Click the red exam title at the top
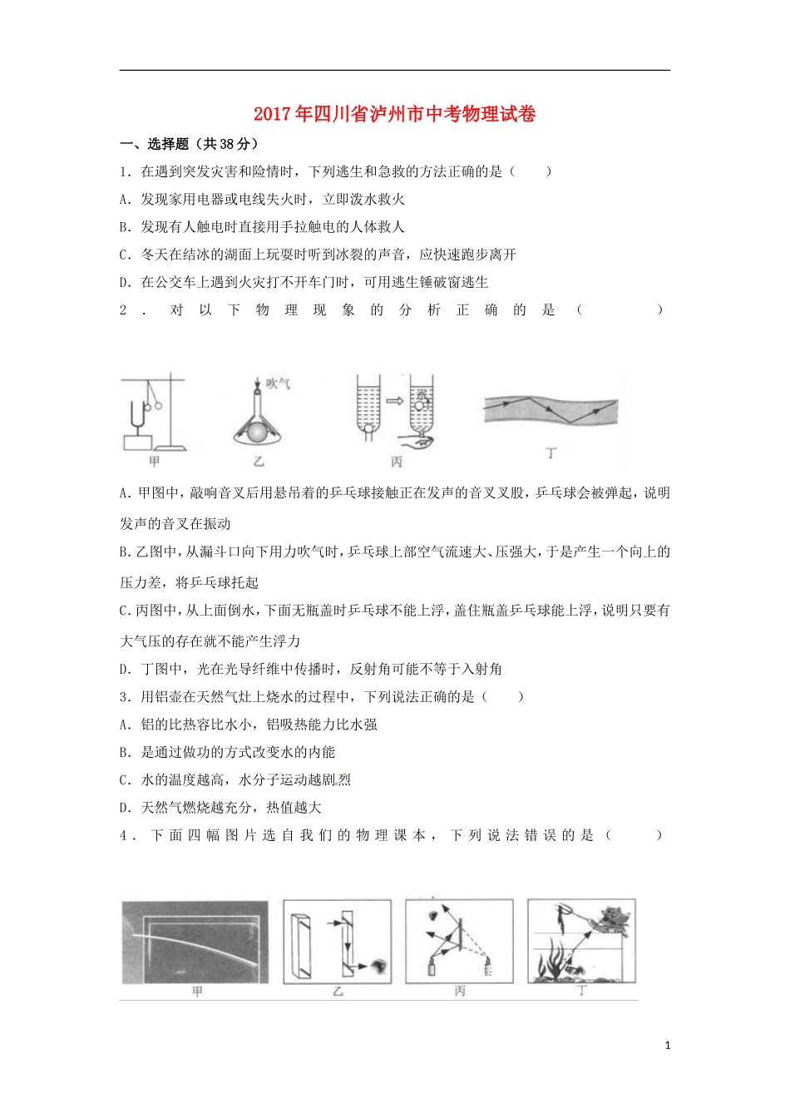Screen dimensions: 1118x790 coord(394,114)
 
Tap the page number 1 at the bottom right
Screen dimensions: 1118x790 coord(668,1046)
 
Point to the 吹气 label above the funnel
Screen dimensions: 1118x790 coord(278,383)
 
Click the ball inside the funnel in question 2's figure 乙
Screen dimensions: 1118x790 coord(259,432)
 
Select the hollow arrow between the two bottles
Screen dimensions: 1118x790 coord(394,401)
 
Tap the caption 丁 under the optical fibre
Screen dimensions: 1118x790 coord(551,453)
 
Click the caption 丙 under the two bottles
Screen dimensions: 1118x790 coord(396,462)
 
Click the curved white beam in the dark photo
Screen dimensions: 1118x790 coord(200,942)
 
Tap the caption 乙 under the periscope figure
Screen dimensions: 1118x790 coord(338,992)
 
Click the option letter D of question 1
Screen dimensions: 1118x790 coord(125,282)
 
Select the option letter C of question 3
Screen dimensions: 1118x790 coord(125,779)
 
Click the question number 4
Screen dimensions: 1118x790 coord(125,835)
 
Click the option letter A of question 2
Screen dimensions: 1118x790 coord(125,492)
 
